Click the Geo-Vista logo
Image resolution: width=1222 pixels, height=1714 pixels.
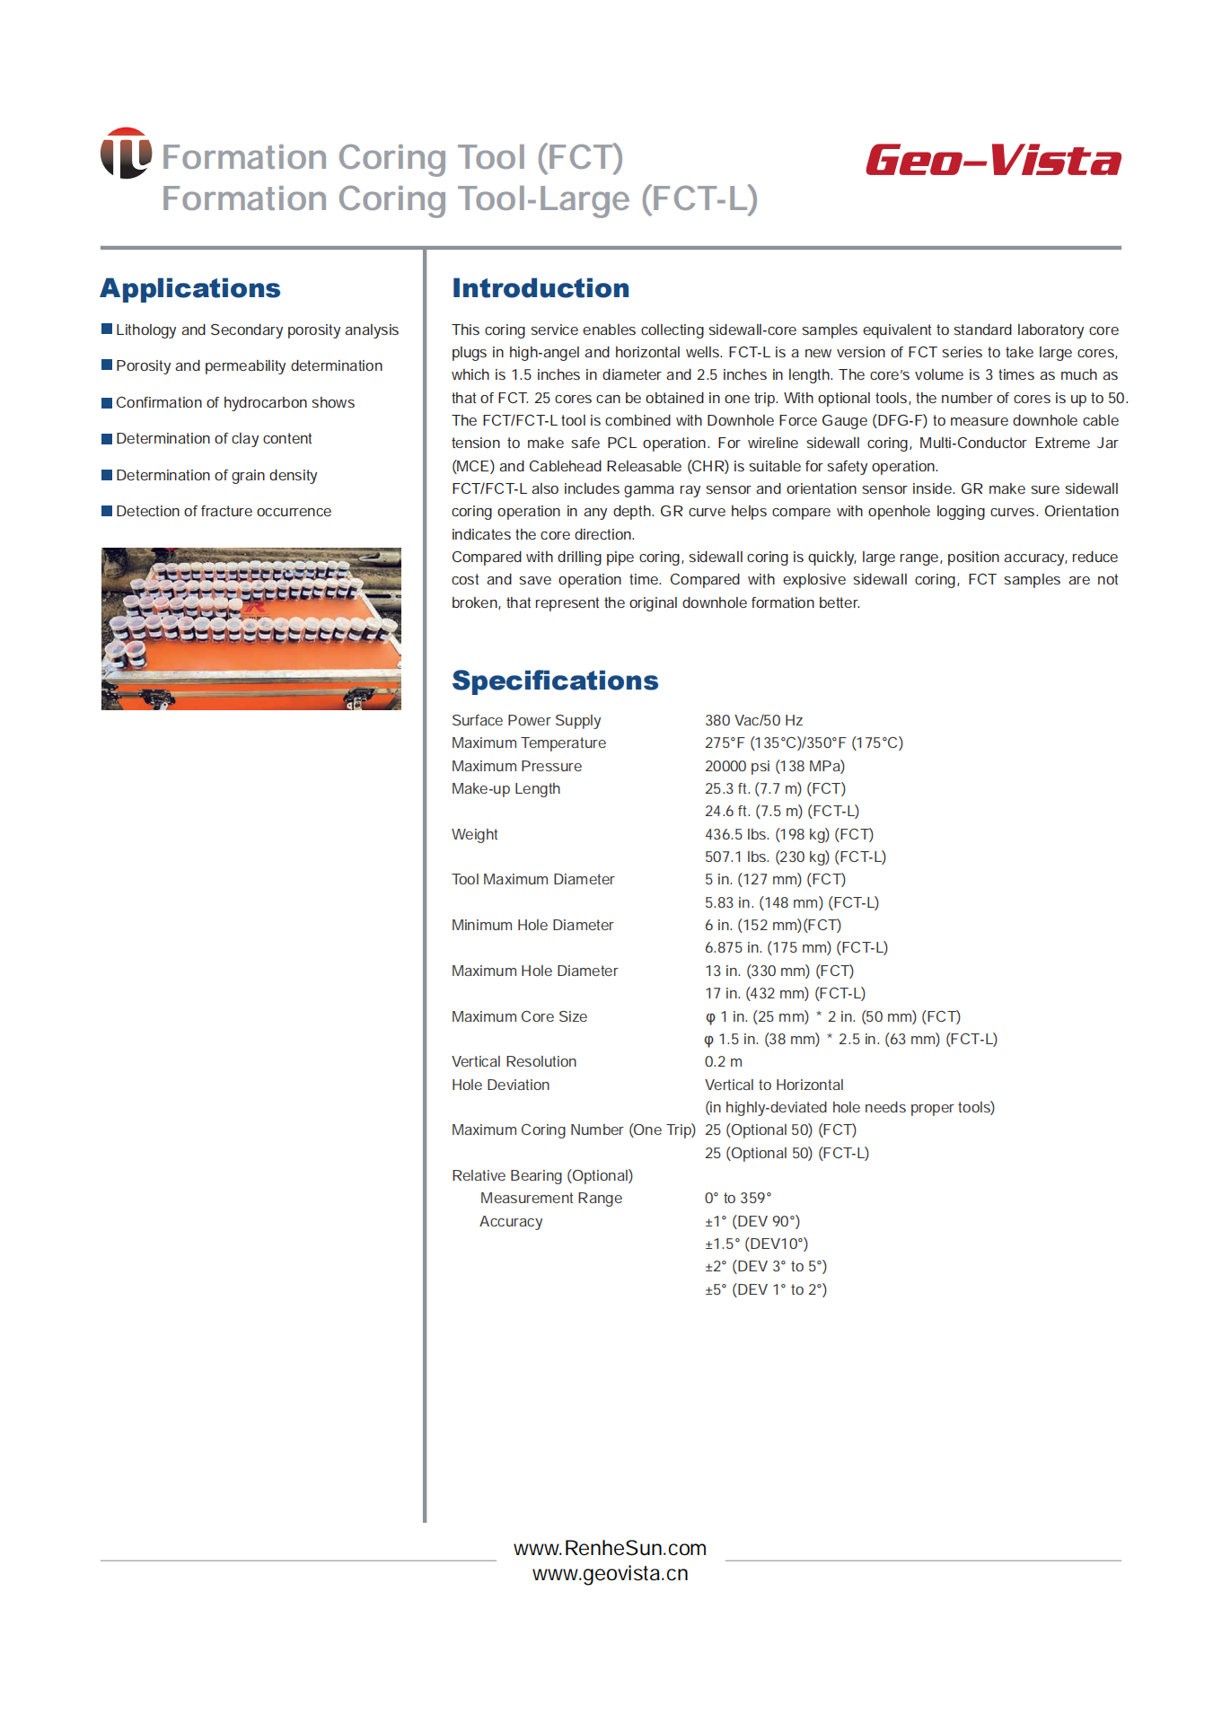993,161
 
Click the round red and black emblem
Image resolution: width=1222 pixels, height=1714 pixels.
126,153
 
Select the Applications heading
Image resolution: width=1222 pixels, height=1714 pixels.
190,288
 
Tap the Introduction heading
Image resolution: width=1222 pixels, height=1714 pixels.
541,288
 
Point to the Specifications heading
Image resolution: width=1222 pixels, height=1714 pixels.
555,681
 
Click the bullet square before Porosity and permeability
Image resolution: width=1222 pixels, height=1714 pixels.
107,365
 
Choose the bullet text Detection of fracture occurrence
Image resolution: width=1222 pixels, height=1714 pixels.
224,511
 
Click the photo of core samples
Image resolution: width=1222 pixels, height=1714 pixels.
251,628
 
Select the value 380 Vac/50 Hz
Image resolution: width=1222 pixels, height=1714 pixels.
753,720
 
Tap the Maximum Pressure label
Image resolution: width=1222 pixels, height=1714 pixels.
516,766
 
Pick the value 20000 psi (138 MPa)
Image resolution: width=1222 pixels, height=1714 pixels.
774,766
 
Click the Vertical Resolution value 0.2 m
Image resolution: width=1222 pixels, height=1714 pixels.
723,1061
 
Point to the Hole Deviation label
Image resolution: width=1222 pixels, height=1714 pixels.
500,1085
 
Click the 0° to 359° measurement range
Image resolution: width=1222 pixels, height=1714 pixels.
737,1198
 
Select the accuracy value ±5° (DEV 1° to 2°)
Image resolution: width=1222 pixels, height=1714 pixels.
765,1289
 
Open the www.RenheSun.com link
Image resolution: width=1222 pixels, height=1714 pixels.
610,1548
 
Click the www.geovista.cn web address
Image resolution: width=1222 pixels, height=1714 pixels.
610,1573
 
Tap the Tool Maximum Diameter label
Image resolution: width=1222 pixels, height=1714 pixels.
532,879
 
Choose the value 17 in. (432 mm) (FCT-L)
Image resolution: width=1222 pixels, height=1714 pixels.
785,993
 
